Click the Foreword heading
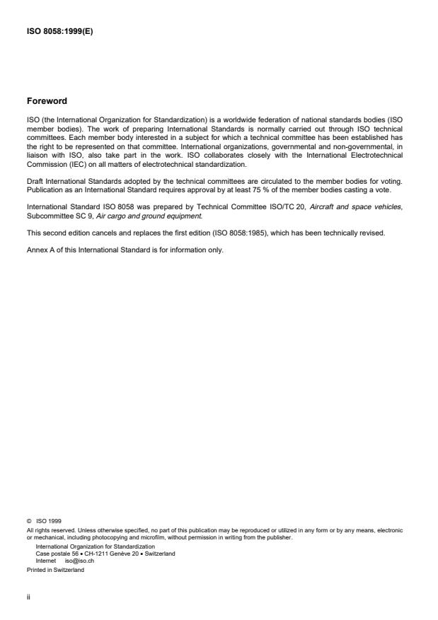47,100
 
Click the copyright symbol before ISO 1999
29,521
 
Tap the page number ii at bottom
28,596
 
